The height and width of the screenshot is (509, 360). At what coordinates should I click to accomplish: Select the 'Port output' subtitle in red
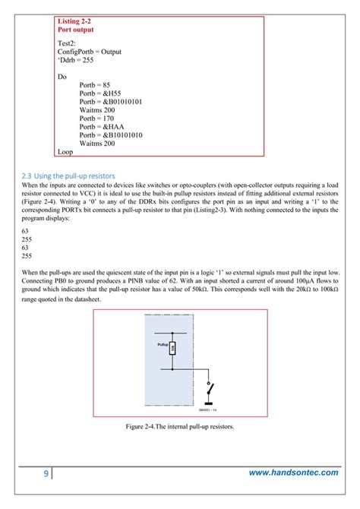coord(79,30)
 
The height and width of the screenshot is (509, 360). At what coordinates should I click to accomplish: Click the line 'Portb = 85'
coord(96,85)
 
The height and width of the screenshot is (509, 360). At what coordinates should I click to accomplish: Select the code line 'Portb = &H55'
coord(102,93)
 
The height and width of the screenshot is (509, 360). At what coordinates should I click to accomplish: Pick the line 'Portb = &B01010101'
coord(114,101)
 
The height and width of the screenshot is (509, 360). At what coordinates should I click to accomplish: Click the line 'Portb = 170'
coord(99,119)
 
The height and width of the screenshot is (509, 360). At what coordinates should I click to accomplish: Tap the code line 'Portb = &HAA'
coord(103,126)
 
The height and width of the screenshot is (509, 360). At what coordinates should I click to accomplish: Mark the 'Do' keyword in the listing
coord(62,77)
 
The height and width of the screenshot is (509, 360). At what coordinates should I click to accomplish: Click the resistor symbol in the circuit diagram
coord(172,349)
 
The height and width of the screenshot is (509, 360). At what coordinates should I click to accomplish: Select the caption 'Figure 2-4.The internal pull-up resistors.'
coord(180,426)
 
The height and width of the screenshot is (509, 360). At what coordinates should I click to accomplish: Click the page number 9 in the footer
coord(46,474)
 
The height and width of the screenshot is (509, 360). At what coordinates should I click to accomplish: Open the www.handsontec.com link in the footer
coord(294,473)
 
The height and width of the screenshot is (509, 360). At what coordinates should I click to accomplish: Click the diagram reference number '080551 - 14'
coord(209,410)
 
